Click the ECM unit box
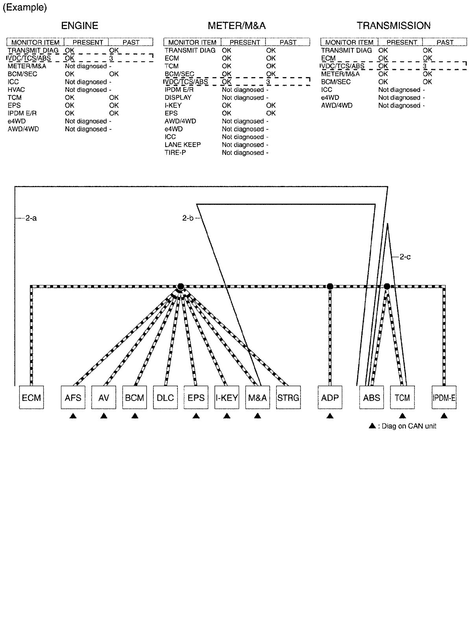pyautogui.click(x=31, y=397)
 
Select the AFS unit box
pyautogui.click(x=73, y=397)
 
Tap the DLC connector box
pyautogui.click(x=165, y=397)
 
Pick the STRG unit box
pyautogui.click(x=288, y=397)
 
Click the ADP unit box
pyautogui.click(x=330, y=397)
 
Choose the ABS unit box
pyautogui.click(x=371, y=397)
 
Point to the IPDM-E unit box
pyautogui.click(x=444, y=397)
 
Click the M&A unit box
pyautogui.click(x=258, y=397)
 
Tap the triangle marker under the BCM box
pyautogui.click(x=135, y=416)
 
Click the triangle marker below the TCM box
pyautogui.click(x=402, y=416)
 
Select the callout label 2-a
pyautogui.click(x=31, y=218)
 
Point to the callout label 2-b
pyautogui.click(x=188, y=218)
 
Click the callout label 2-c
pyautogui.click(x=405, y=257)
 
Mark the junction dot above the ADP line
pyautogui.click(x=330, y=286)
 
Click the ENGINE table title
pyautogui.click(x=79, y=26)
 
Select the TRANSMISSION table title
pyautogui.click(x=393, y=26)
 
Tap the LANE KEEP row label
pyautogui.click(x=183, y=145)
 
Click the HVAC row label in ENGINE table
pyautogui.click(x=16, y=90)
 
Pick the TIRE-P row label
pyautogui.click(x=175, y=153)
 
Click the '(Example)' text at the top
pyautogui.click(x=25, y=8)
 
